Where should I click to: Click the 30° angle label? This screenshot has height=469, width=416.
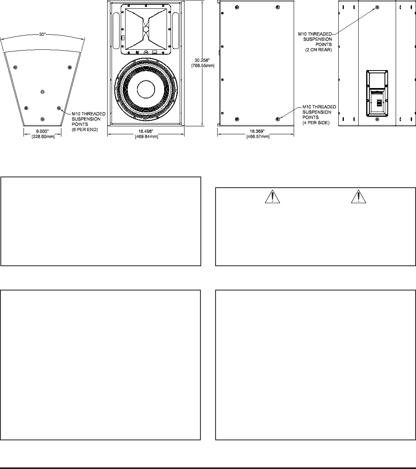coord(42,35)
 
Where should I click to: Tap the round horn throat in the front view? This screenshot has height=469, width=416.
coord(146,29)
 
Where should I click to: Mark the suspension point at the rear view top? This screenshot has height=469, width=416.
coord(377,7)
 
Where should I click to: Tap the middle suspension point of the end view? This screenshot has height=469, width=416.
coord(43,92)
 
